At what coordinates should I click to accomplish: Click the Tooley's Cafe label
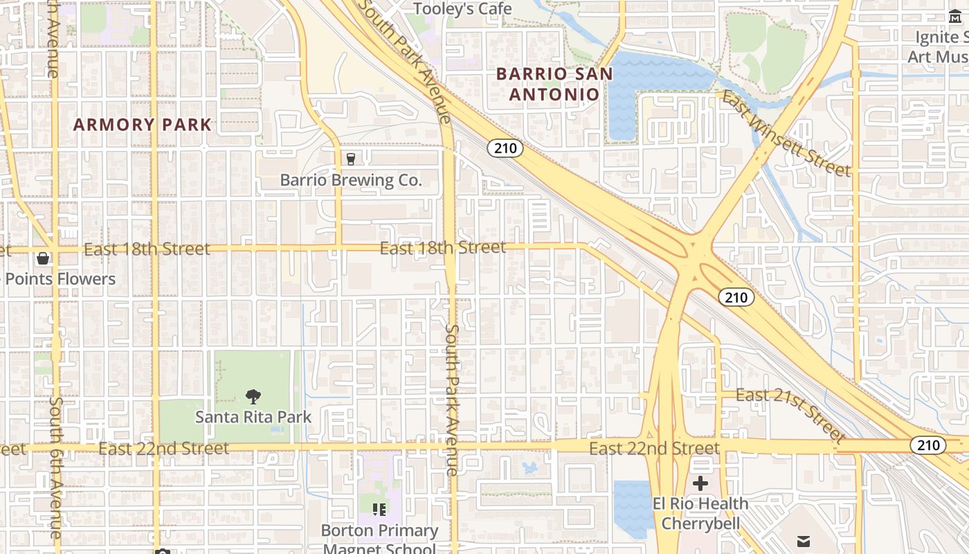462,9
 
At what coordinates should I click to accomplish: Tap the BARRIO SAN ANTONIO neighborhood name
554,84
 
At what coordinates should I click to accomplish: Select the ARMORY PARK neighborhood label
143,125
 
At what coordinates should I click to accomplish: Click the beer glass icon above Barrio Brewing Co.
351,159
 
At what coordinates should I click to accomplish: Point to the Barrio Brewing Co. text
351,180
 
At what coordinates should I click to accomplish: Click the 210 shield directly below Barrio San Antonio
505,148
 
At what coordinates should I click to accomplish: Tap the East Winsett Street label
786,134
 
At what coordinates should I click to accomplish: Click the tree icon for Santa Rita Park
253,397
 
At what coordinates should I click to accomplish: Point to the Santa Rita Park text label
253,417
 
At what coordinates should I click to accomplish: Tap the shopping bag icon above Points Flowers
43,258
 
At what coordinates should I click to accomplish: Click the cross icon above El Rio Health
700,483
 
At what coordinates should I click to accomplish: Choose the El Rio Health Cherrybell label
700,513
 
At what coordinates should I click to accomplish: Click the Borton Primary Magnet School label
379,539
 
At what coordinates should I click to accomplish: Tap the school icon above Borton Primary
379,510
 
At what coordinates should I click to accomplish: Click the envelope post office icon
803,541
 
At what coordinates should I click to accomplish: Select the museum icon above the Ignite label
955,17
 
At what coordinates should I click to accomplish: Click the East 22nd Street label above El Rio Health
654,449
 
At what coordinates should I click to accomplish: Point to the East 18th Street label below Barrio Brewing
443,247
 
